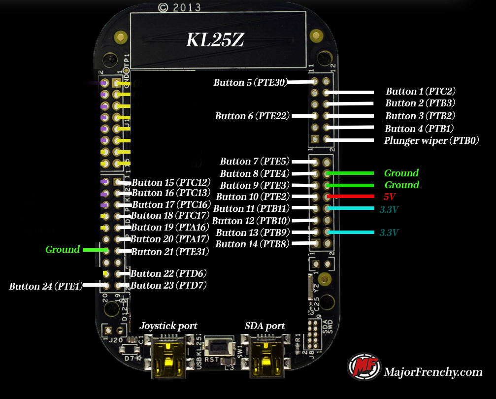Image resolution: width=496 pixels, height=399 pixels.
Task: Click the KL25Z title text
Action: point(214,40)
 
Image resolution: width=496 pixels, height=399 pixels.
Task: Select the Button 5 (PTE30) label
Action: point(250,83)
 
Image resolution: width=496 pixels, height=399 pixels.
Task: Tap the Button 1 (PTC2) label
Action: point(420,92)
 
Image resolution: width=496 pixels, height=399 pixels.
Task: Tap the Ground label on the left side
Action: point(63,250)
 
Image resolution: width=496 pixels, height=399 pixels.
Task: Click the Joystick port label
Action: point(168,326)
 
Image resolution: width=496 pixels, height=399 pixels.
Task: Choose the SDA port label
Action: point(265,326)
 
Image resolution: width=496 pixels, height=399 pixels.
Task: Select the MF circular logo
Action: point(364,367)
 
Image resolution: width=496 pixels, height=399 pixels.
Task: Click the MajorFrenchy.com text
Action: point(433,372)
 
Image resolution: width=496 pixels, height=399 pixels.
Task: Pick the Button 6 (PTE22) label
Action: point(252,116)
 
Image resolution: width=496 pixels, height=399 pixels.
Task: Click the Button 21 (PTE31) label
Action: point(170,252)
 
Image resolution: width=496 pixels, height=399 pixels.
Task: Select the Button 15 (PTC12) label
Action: point(171,182)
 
